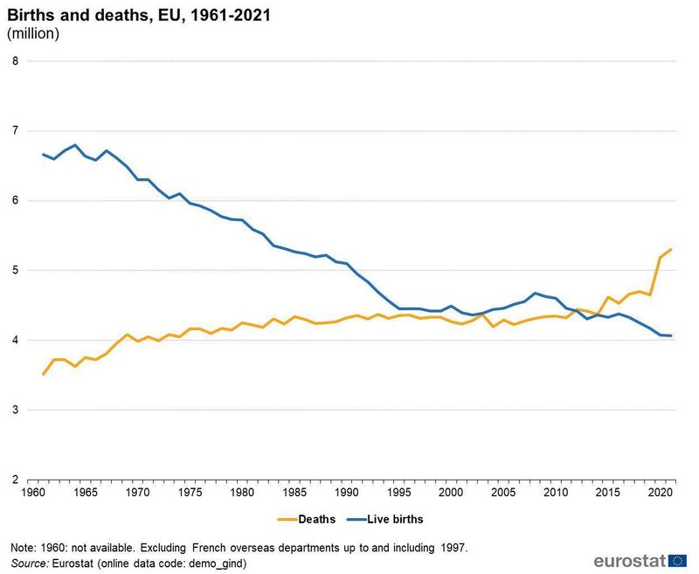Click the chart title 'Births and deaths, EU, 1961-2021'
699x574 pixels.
coord(121,15)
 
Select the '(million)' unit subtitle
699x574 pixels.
coord(33,34)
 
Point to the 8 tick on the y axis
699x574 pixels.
coord(15,61)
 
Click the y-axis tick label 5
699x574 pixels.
coord(15,270)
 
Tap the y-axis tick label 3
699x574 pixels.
coord(15,410)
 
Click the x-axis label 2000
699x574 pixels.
coord(450,494)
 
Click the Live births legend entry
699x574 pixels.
coord(390,519)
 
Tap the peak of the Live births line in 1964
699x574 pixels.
coord(76,145)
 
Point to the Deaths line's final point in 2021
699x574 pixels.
coord(671,250)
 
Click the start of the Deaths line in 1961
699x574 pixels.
coord(44,374)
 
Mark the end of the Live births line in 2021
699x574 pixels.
coord(671,335)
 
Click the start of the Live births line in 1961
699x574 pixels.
coord(44,155)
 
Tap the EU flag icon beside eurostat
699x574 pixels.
coord(677,560)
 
